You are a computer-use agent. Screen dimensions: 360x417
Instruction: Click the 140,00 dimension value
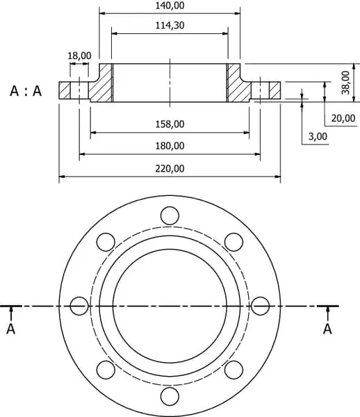170,6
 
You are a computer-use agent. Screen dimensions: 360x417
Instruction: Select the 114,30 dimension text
170,25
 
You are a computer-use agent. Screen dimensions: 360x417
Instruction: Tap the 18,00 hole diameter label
79,56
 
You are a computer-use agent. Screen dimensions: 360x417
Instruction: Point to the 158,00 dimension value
170,124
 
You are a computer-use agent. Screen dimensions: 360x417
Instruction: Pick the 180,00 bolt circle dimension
170,146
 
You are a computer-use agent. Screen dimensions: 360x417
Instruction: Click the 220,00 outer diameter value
170,168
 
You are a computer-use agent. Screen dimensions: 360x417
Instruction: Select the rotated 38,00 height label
345,83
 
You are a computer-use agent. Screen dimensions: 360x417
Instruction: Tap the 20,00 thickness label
343,118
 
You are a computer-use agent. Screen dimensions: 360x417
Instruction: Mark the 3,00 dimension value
318,136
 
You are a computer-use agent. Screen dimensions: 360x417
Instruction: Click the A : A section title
26,91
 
